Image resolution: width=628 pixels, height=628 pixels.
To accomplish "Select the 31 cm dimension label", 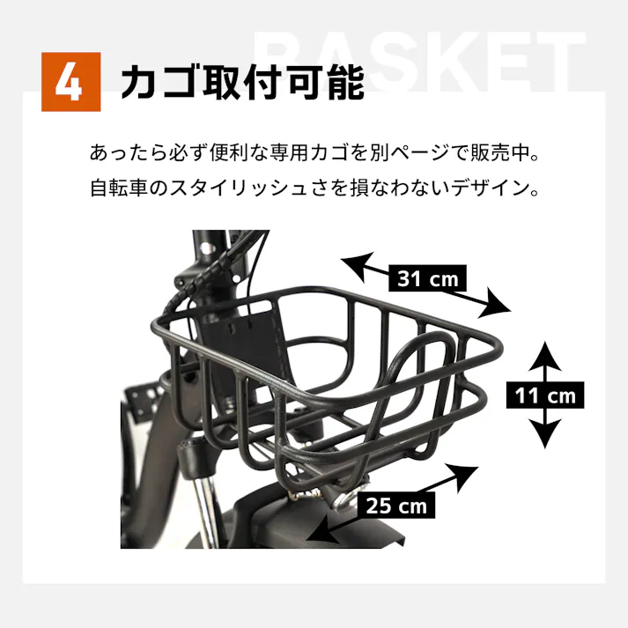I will point(427,279).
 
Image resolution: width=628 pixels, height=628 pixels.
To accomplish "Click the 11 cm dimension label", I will point(546,395).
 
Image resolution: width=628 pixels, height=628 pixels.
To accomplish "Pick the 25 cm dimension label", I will point(395,506).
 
